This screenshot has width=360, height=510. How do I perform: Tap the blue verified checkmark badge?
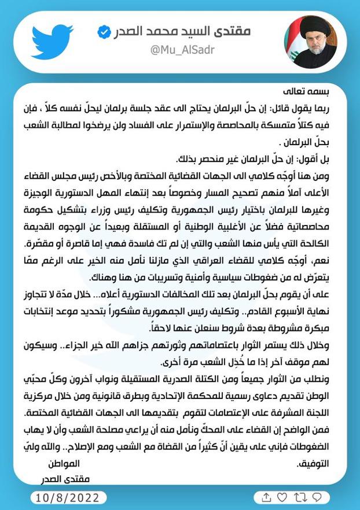[x=104, y=32]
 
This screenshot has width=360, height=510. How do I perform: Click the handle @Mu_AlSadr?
[x=182, y=50]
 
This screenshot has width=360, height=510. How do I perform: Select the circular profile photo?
[x=311, y=42]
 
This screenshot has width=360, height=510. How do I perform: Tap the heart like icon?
[x=282, y=497]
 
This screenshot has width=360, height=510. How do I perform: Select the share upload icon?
[x=266, y=497]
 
